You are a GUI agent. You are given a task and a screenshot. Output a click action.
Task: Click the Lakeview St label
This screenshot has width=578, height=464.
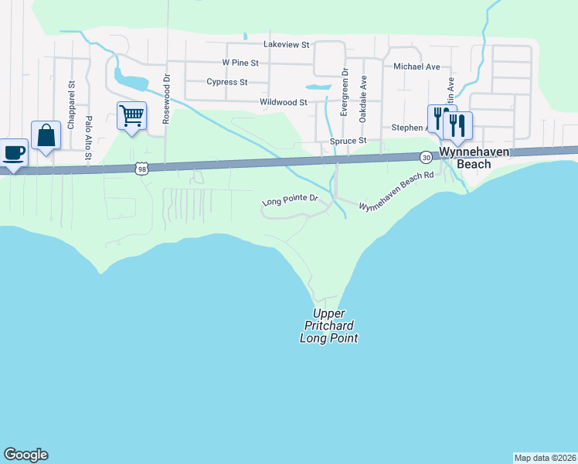coord(286,45)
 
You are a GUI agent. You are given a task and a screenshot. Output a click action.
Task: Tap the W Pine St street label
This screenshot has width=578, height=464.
coord(243,62)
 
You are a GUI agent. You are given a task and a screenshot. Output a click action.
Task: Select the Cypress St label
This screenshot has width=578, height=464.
coord(227,82)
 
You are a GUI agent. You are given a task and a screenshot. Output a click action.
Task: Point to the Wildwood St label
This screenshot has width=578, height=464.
coord(284,102)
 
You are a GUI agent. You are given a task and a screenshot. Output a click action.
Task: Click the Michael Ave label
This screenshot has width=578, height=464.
coord(416,67)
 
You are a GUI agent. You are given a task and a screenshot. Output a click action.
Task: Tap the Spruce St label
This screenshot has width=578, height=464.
coord(348,142)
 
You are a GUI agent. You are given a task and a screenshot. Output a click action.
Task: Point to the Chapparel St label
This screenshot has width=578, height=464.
coord(70,104)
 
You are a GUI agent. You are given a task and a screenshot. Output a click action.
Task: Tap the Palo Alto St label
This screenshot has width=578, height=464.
coord(89,138)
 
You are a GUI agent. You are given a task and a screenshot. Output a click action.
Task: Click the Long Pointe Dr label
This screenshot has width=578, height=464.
coord(291,200)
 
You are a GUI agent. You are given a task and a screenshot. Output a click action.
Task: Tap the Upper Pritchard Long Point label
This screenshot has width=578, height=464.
coord(329,326)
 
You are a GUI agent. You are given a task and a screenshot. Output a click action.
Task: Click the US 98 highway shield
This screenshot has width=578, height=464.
coord(141,167)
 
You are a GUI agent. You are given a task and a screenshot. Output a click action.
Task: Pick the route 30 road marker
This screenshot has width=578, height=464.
coord(426,157)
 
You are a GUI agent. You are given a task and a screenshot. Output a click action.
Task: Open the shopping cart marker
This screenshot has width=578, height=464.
coord(131,116)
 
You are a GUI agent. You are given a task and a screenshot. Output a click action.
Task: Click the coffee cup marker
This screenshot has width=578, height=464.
coord(13,152)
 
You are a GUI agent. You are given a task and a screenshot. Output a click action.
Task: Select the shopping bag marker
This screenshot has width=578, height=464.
coord(46,135)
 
